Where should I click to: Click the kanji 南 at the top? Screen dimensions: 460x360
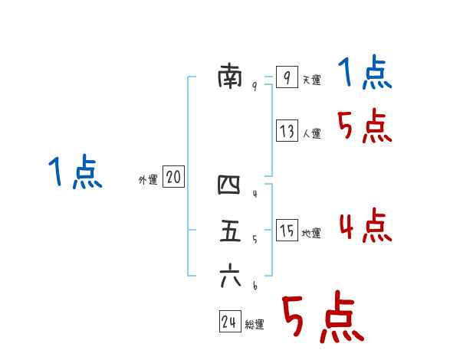(230, 77)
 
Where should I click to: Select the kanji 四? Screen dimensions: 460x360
(229, 185)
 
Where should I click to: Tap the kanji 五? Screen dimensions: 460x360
(230, 231)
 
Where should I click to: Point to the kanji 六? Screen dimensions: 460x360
(230, 276)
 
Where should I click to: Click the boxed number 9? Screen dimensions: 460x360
(286, 77)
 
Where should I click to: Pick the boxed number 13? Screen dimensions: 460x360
(287, 131)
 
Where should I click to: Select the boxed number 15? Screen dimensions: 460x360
(287, 231)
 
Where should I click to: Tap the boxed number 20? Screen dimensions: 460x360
(173, 178)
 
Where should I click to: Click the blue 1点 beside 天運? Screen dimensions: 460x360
(365, 74)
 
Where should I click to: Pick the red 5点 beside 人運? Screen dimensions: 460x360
(365, 126)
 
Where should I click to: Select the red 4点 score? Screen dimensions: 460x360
(365, 225)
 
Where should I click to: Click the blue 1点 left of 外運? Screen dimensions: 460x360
(75, 172)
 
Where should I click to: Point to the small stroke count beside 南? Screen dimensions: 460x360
(254, 87)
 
